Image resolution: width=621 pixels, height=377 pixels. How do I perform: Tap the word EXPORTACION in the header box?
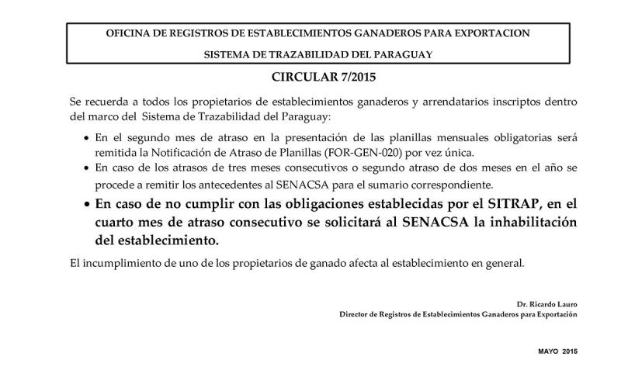[x=495, y=34]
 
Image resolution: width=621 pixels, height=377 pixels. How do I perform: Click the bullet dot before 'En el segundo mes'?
[x=86, y=137]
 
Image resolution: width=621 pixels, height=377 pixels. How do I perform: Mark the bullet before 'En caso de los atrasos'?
[x=86, y=168]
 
